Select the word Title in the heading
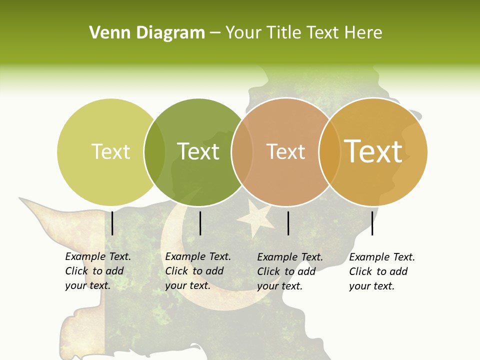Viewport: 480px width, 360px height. [284, 33]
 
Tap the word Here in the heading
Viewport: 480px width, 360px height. [363, 33]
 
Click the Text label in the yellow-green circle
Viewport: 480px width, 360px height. [110, 151]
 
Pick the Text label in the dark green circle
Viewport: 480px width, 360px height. [198, 151]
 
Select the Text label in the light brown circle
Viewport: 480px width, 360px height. [285, 151]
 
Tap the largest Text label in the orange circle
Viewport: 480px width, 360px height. [373, 151]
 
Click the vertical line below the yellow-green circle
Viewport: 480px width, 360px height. [112, 223]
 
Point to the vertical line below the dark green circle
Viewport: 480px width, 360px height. [200, 223]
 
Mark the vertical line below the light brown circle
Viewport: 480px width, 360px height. [288, 223]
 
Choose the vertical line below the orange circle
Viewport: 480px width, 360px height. [372, 223]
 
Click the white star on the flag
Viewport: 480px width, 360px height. [256, 219]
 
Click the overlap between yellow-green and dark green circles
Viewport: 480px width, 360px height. [154, 152]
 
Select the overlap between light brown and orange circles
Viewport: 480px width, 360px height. [329, 152]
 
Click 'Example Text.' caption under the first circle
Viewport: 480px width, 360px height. [98, 256]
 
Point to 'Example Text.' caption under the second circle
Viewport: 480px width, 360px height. [198, 256]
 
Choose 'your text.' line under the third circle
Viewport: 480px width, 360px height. [279, 286]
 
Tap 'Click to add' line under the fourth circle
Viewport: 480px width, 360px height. [378, 271]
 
